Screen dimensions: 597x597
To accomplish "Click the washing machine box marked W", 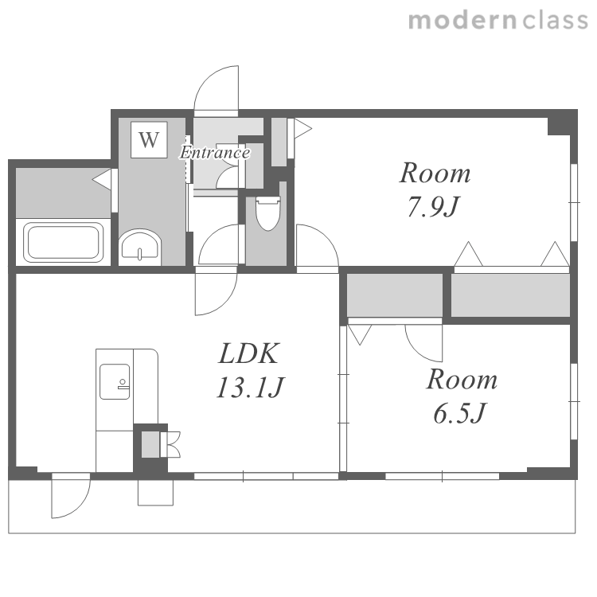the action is [149, 140].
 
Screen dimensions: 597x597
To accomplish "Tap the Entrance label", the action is [215, 153].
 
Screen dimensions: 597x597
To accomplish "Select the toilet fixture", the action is [267, 213].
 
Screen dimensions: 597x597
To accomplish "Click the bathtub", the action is [64, 242].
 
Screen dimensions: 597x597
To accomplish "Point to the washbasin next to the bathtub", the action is [140, 246].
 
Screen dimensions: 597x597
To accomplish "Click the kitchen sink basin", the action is [115, 381].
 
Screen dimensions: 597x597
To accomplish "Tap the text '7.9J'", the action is [434, 207].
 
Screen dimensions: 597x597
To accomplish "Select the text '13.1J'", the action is [250, 388].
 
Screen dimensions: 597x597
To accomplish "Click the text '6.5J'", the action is [459, 414].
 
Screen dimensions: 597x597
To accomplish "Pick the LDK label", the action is [249, 353].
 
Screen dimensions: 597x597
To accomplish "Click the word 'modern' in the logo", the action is [463, 21].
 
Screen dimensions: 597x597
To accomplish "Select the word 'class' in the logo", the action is [555, 21].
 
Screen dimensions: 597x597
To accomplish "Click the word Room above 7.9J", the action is [435, 174].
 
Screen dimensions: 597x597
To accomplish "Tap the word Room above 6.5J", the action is [462, 380].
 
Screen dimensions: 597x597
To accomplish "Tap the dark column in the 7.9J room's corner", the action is [562, 123].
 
